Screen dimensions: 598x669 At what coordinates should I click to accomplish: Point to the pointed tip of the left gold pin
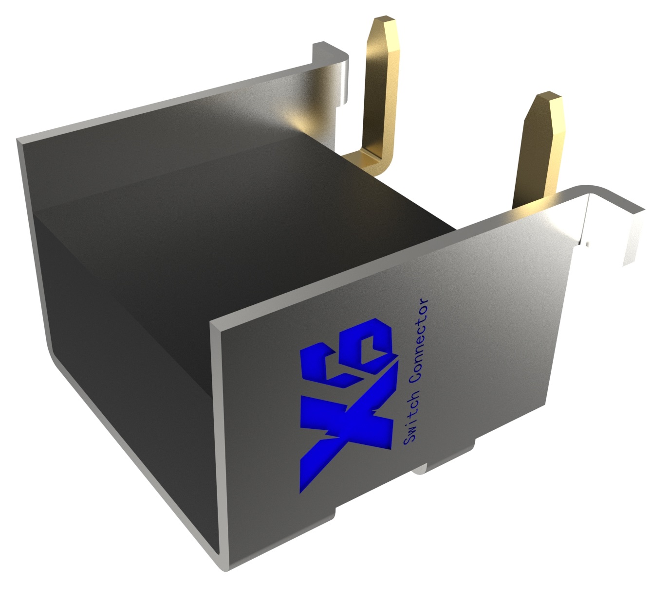(x=383, y=22)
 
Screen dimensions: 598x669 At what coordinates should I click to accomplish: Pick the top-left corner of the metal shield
(x=19, y=141)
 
